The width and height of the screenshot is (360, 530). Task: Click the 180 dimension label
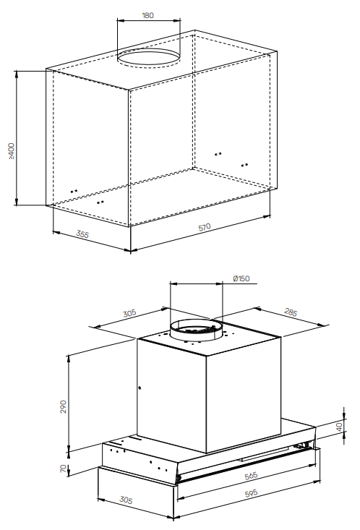point(147,15)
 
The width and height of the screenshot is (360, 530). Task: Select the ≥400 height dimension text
point(12,151)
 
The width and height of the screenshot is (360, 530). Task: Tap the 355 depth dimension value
point(82,234)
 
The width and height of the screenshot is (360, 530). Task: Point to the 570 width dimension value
point(205,227)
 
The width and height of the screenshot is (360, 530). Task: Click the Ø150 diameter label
point(241,278)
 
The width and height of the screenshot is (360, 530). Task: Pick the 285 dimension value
point(291,312)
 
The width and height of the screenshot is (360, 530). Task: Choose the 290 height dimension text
point(64,406)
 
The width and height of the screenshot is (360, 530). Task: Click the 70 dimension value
point(63,469)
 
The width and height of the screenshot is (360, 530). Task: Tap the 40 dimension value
point(340,426)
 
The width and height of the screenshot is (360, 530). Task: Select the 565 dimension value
point(251,476)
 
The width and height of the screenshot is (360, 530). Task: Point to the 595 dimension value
point(251,494)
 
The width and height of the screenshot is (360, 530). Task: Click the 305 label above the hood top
point(129,313)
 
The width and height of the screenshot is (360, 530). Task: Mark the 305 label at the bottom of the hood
point(126,500)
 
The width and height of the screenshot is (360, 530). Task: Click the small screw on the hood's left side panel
point(140,388)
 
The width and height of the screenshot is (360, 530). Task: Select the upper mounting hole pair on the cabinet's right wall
point(218,154)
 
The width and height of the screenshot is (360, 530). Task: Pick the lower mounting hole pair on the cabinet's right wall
point(245,165)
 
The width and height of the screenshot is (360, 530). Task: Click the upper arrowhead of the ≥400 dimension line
point(16,73)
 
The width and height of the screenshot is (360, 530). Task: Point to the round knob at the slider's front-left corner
point(178,478)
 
